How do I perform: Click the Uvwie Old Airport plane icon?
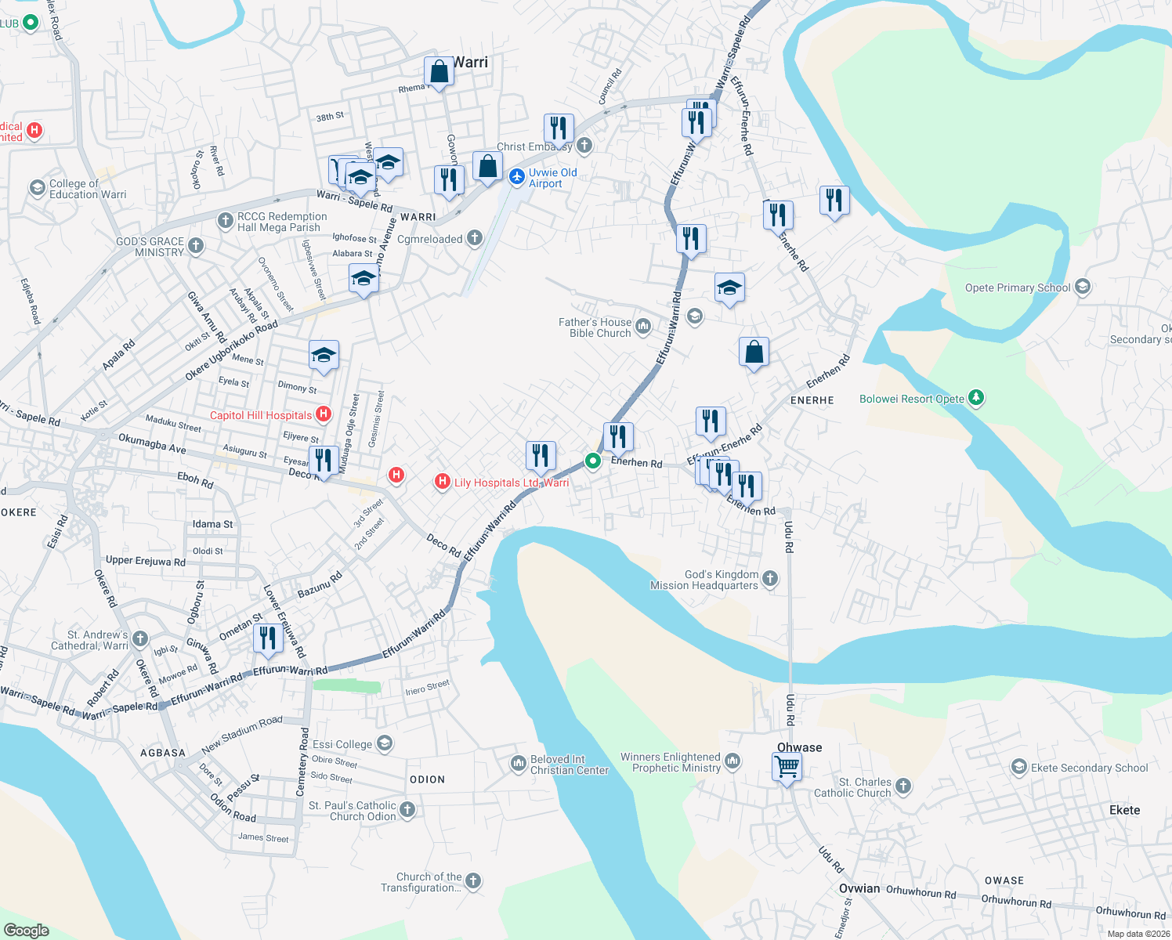pos(516,177)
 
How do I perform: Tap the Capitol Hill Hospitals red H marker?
pos(324,414)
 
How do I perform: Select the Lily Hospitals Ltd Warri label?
pos(512,483)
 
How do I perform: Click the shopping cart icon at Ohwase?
pos(787,765)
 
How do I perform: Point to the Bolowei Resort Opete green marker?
pos(975,398)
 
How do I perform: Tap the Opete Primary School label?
pos(1018,287)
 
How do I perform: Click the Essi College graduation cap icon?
pos(384,743)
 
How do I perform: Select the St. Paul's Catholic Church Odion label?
pos(353,811)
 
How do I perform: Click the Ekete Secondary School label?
pos(1089,768)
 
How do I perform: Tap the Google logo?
pos(27,931)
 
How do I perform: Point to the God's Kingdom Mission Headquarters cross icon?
pos(770,579)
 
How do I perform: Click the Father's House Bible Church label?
pos(595,327)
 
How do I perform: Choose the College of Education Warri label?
pos(88,189)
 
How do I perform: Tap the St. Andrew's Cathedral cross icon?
pos(140,639)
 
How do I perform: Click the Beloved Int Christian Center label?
pos(570,765)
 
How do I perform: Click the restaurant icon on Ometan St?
pos(268,638)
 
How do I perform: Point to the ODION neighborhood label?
pos(427,779)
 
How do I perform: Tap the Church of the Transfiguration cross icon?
pos(473,881)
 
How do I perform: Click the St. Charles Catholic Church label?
pos(865,787)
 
